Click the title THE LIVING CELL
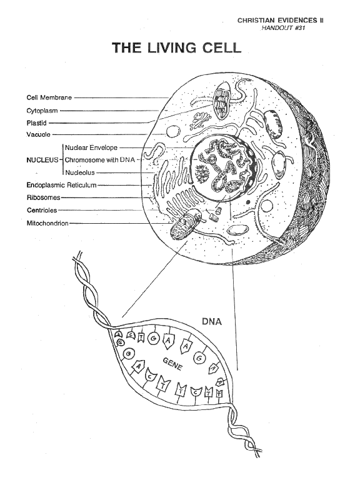coord(177,47)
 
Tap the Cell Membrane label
coord(49,97)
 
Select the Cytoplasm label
coord(42,111)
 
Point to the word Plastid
coord(36,123)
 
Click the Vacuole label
coord(38,134)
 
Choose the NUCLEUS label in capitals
coord(42,160)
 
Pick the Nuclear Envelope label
coord(91,147)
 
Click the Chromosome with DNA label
coord(100,160)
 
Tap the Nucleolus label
coord(80,172)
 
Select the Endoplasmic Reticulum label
coord(61,185)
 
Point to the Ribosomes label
coord(44,197)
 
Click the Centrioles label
coord(42,210)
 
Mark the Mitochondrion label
coord(47,223)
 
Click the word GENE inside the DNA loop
coord(172,364)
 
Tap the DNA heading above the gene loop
coord(212,322)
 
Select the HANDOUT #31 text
coord(283,28)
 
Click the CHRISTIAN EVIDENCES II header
coord(281,20)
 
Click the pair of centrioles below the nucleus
coord(215,214)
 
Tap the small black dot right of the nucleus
coord(248,202)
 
